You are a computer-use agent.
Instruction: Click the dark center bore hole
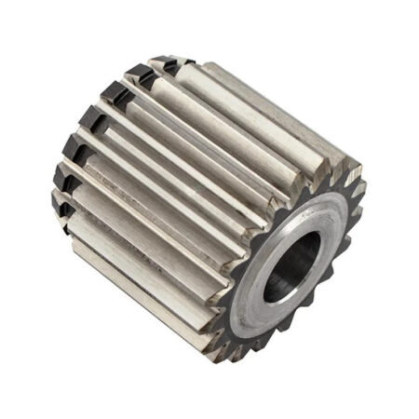click(291, 270)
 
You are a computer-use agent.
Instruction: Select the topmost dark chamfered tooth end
click(164, 65)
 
